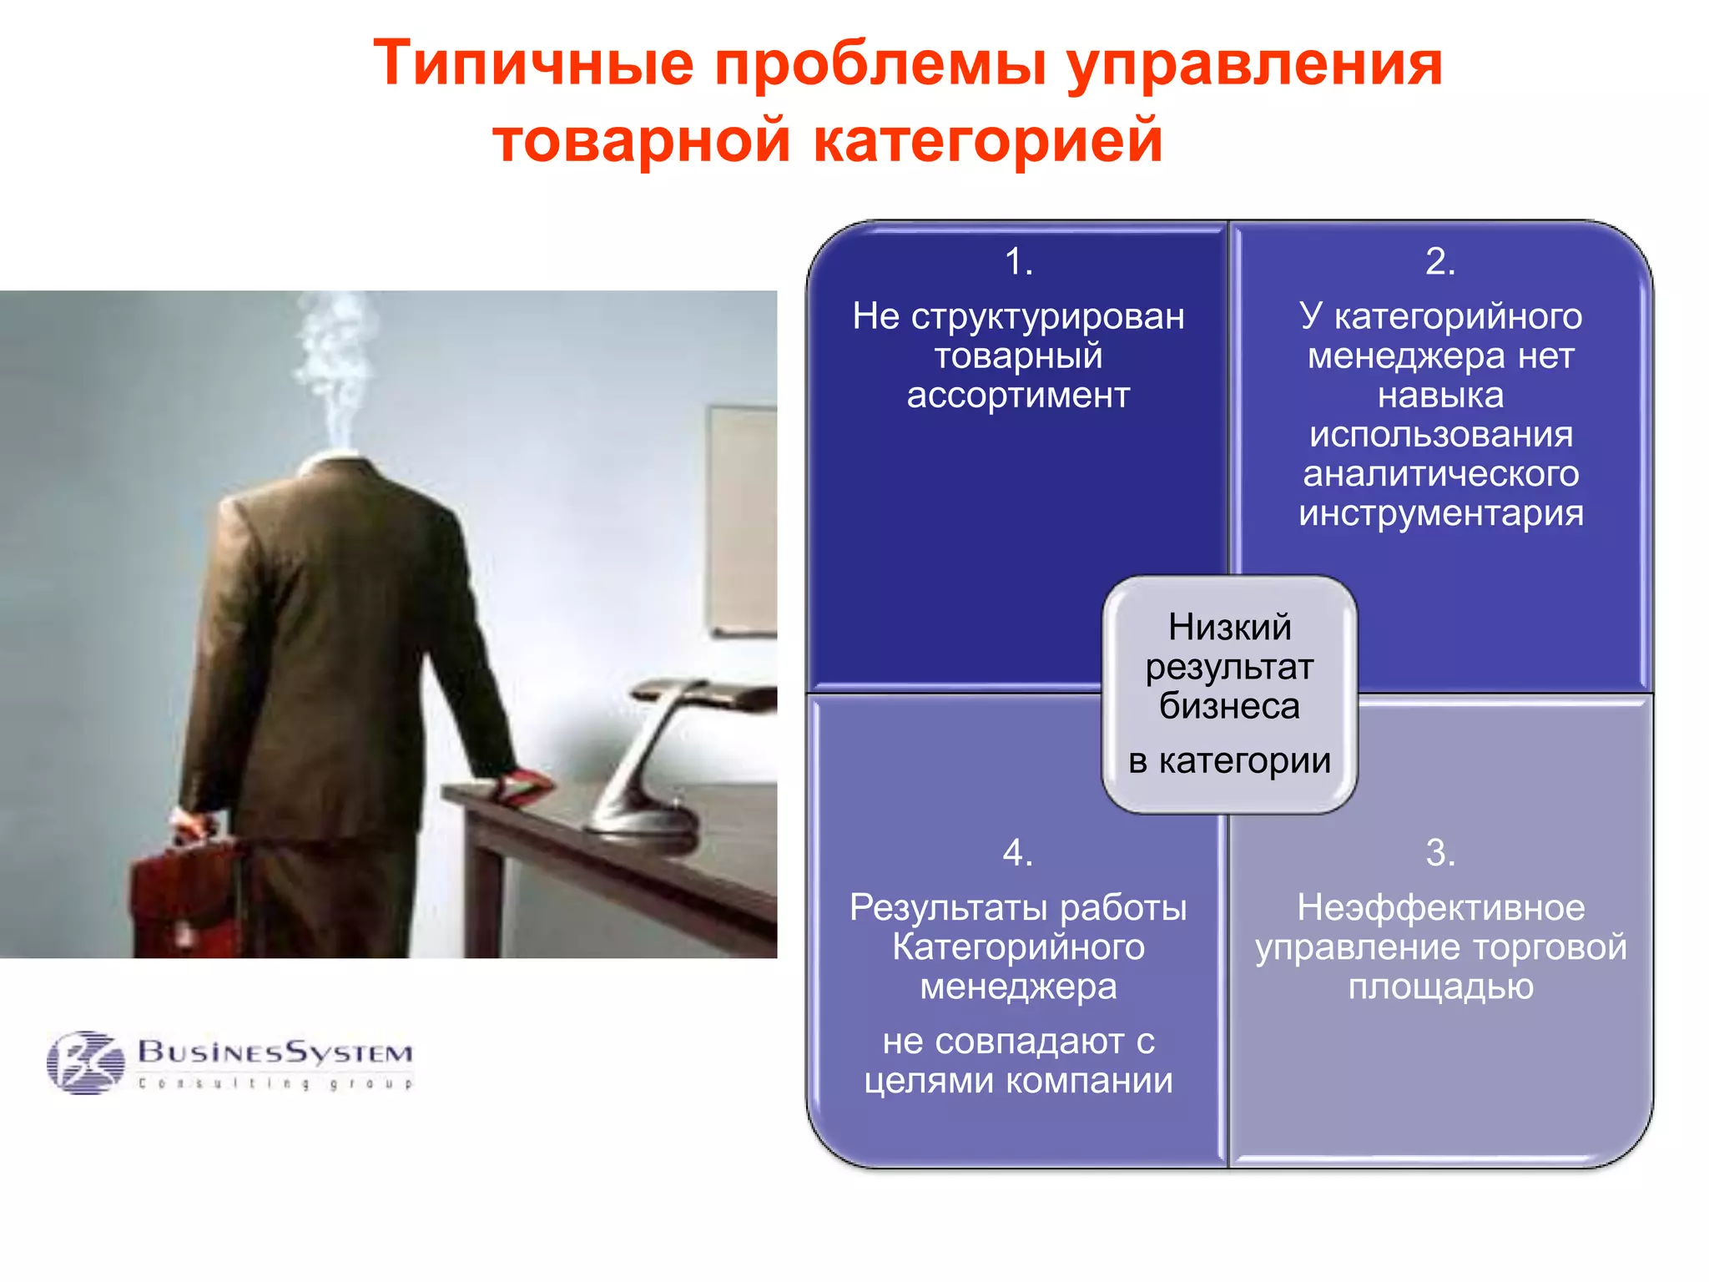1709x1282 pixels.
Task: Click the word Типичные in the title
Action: coord(533,63)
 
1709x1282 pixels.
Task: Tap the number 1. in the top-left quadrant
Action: coord(1018,262)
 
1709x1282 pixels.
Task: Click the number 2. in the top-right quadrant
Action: coord(1440,262)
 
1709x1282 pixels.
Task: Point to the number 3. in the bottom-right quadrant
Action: coord(1440,853)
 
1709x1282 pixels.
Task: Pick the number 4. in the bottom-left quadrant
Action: coord(1018,853)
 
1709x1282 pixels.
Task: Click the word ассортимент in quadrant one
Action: coord(1018,396)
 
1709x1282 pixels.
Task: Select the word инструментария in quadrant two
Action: coord(1440,513)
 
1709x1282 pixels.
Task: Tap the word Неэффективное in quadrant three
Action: coord(1440,908)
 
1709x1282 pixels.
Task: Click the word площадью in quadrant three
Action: coord(1440,987)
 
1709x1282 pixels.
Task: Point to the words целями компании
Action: coord(1018,1082)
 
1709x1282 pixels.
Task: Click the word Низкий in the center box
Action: coord(1229,628)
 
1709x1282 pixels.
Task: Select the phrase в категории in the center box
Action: coord(1229,761)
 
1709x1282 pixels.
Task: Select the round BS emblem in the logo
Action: coord(85,1062)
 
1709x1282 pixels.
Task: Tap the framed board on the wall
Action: coord(743,517)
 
